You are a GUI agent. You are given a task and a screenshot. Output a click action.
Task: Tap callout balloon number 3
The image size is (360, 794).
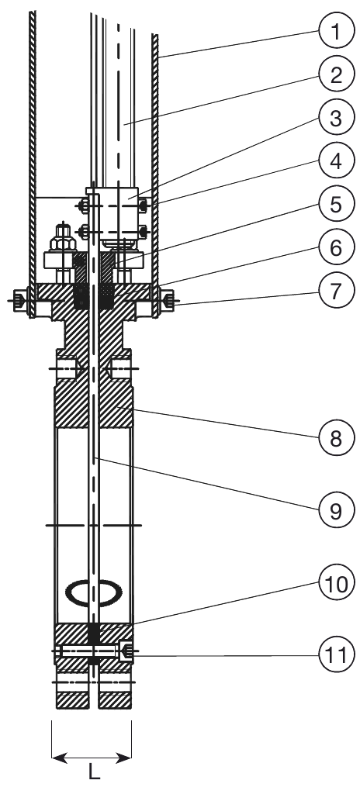coord(335,118)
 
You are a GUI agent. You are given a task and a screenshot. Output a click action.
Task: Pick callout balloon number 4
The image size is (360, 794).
coord(335,161)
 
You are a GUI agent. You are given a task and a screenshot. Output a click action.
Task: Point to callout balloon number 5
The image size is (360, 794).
coord(335,205)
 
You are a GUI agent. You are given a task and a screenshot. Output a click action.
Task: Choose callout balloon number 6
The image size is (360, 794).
coord(335,249)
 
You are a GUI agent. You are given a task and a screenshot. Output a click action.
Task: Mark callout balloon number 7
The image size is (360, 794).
coord(335,292)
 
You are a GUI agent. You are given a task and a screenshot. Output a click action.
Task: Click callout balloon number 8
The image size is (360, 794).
coord(335,439)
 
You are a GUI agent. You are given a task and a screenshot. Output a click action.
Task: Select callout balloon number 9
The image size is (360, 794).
coord(335,511)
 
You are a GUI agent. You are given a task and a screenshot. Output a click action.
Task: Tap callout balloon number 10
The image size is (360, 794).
coord(335,583)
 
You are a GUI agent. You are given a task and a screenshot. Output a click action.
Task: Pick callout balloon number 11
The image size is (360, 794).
coord(335,655)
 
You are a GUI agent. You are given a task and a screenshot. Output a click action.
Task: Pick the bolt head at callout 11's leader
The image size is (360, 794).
coord(126,651)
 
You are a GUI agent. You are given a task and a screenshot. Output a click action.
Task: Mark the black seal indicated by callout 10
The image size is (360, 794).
coord(93,631)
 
